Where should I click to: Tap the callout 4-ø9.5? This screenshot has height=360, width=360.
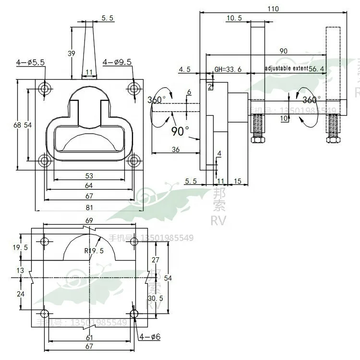tap(117, 62)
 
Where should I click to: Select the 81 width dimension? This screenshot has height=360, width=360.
tap(89, 207)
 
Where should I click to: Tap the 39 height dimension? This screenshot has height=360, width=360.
tap(71, 54)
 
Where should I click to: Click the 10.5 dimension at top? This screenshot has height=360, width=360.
tap(234, 18)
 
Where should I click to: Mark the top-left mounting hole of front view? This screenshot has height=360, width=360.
tap(45, 89)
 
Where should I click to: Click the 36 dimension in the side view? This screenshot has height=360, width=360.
tap(176, 150)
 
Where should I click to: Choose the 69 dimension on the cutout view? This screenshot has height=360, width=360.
tap(89, 220)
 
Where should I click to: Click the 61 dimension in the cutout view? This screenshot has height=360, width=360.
tap(89, 338)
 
